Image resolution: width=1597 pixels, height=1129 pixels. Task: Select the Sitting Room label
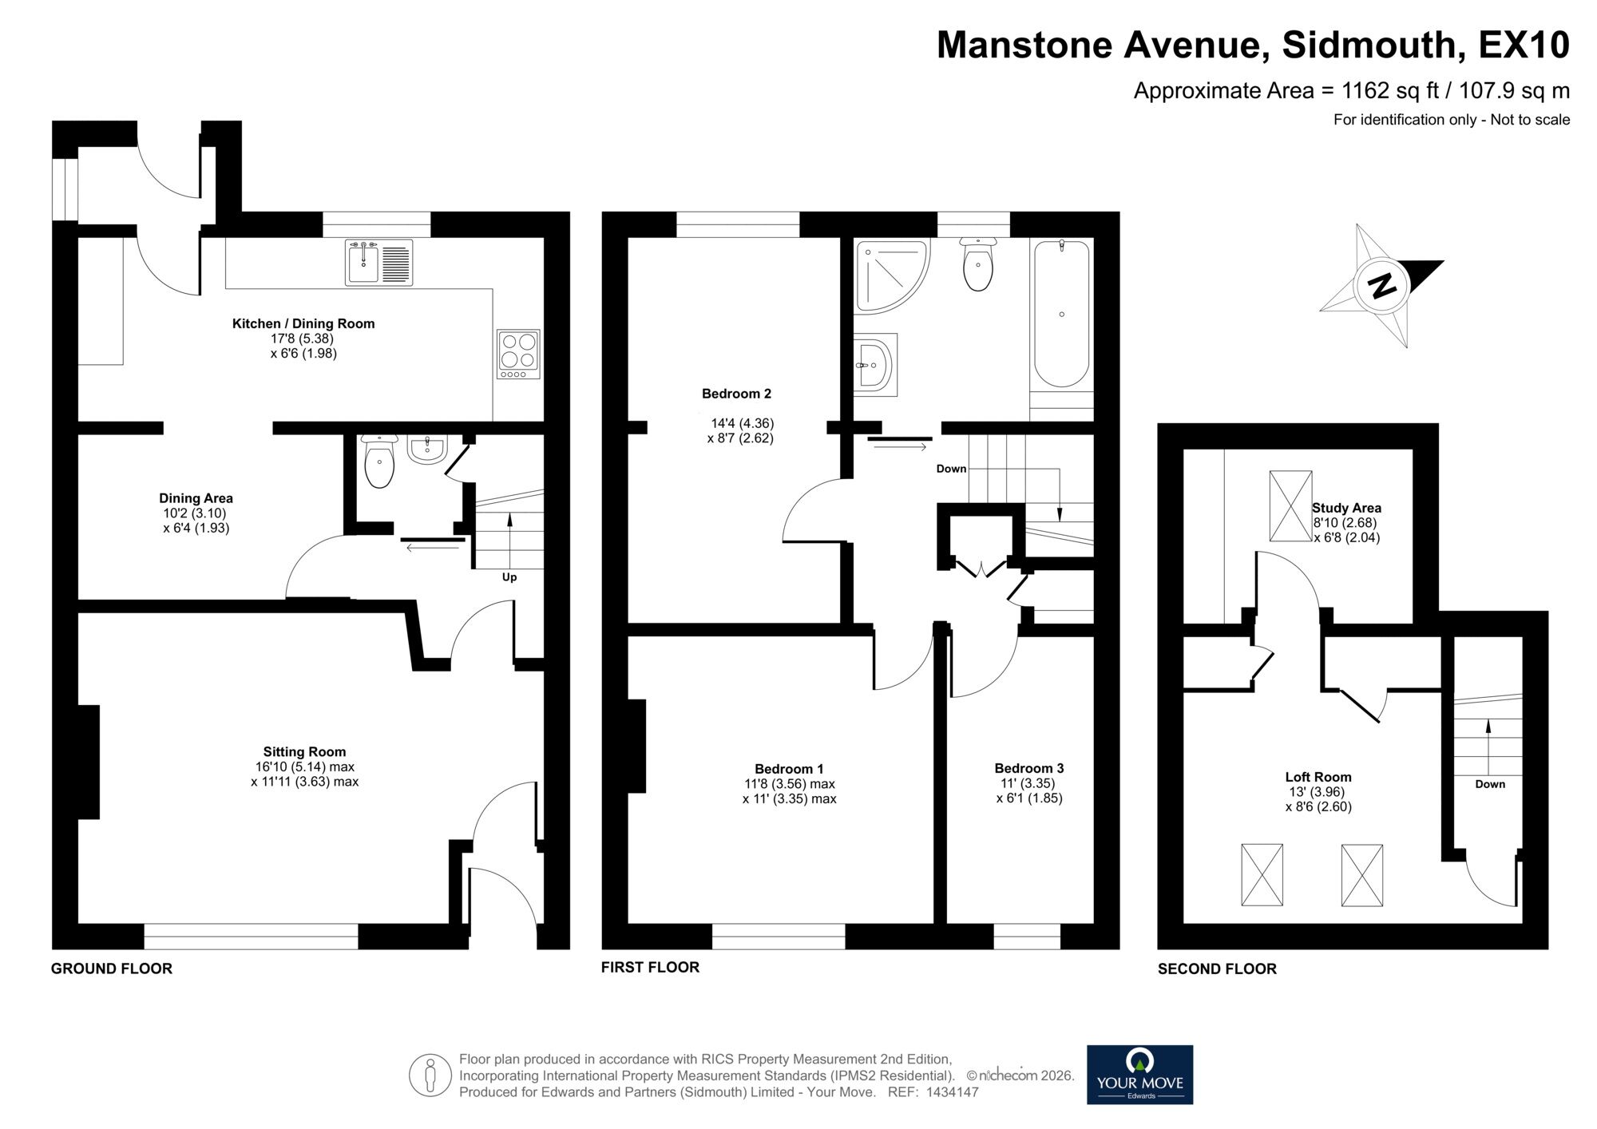tap(304, 751)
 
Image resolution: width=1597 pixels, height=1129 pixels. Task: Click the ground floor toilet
tap(378, 462)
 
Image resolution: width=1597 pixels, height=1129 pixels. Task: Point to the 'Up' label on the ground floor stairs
tap(509, 576)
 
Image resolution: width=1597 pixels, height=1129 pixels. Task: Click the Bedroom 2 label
tap(736, 394)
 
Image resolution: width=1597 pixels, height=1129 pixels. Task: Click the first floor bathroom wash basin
tap(876, 366)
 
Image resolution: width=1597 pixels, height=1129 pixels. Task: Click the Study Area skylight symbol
tap(1290, 506)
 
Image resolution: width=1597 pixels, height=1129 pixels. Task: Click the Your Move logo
tap(1139, 1075)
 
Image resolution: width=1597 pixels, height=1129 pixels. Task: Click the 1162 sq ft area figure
tap(1389, 91)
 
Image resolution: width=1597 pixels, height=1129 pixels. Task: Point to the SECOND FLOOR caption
tap(1217, 969)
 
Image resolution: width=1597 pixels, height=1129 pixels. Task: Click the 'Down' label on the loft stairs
tap(1490, 784)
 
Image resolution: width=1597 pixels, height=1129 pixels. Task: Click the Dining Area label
tap(196, 498)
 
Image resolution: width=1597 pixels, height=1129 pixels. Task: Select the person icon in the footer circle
tap(430, 1075)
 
